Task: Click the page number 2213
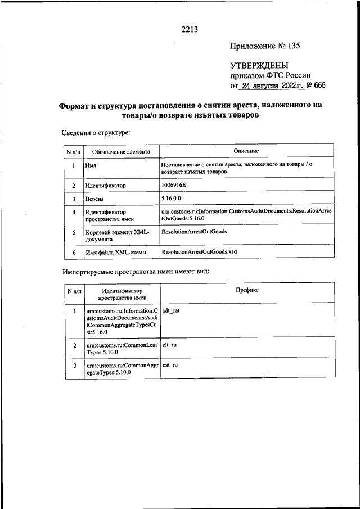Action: pyautogui.click(x=190, y=29)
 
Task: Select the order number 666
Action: pyautogui.click(x=318, y=87)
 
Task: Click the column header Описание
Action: pyautogui.click(x=246, y=151)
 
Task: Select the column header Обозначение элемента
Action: pyautogui.click(x=121, y=151)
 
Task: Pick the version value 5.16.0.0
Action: pyautogui.click(x=171, y=199)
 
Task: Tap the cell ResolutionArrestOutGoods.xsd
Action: pyautogui.click(x=199, y=252)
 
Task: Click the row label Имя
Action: pyautogui.click(x=91, y=166)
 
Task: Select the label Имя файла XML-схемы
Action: pyautogui.click(x=116, y=253)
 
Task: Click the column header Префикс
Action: pyautogui.click(x=247, y=290)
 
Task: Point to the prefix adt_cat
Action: pyautogui.click(x=170, y=310)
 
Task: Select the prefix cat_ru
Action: pyautogui.click(x=170, y=365)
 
